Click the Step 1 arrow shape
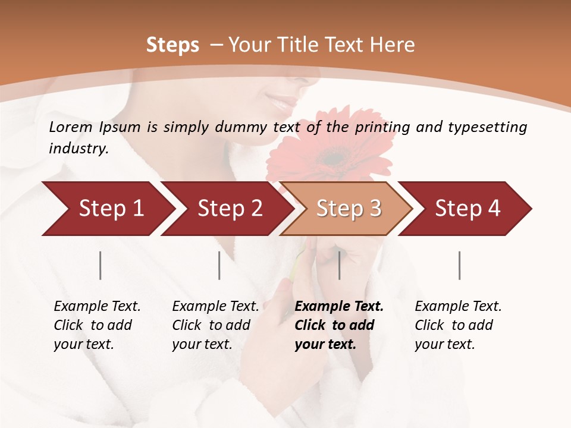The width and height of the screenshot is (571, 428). coord(107,209)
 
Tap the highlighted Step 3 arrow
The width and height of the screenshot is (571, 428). coord(348,209)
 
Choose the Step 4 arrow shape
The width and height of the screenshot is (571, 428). coord(467,209)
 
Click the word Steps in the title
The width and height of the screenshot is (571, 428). coord(172,45)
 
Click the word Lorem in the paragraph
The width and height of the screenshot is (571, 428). coord(70,127)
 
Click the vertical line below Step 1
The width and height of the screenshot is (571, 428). coord(101,265)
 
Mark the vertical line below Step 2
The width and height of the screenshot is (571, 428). coord(219,265)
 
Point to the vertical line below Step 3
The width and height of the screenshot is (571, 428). coord(339,265)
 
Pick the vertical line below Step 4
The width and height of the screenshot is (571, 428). coord(459,265)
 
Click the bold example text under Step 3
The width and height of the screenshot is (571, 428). coord(338,325)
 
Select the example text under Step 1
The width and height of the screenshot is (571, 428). coord(96,325)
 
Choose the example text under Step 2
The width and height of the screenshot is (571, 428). coord(215,325)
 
